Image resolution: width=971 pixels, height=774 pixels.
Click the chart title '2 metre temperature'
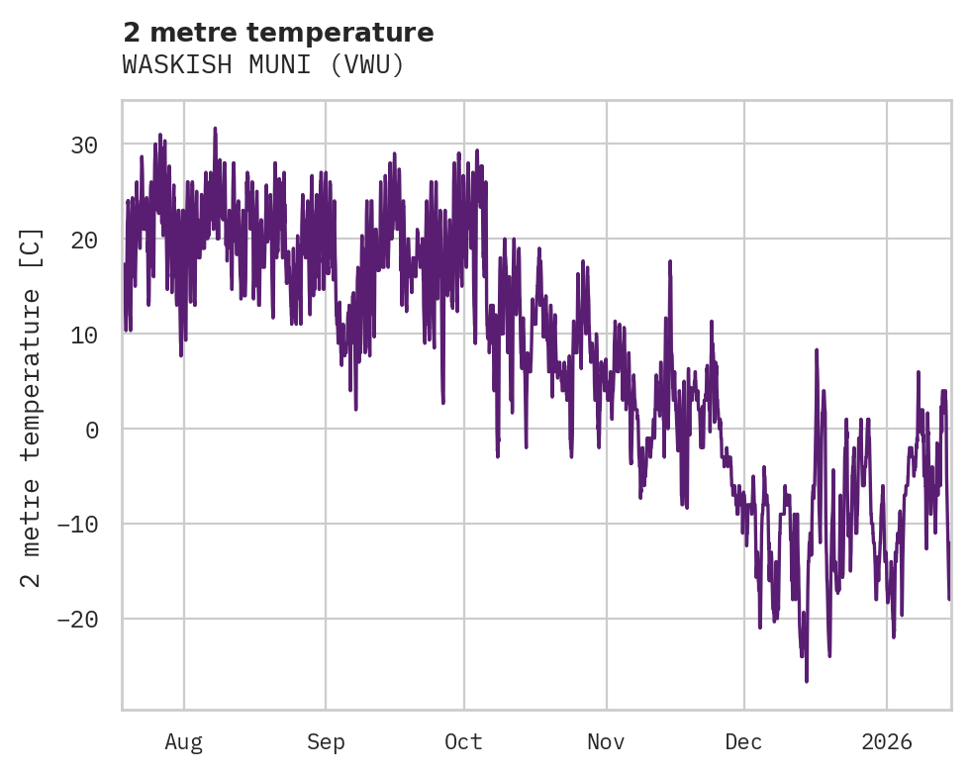278,33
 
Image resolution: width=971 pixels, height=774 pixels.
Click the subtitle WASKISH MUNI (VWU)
263,65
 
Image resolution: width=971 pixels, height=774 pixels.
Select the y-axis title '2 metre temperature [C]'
32,407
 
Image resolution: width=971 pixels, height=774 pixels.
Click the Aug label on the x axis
184,742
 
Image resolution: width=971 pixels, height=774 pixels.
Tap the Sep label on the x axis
326,742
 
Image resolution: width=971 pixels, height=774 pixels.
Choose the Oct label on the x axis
463,742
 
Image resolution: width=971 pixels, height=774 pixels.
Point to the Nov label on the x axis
606,742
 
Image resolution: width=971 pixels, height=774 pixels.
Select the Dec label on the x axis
743,742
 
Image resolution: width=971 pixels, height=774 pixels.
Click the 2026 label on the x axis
887,742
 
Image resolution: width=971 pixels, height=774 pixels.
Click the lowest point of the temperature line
807,681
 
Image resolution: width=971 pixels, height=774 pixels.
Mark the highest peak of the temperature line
215,129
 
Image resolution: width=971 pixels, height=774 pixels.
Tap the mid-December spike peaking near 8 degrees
817,350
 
